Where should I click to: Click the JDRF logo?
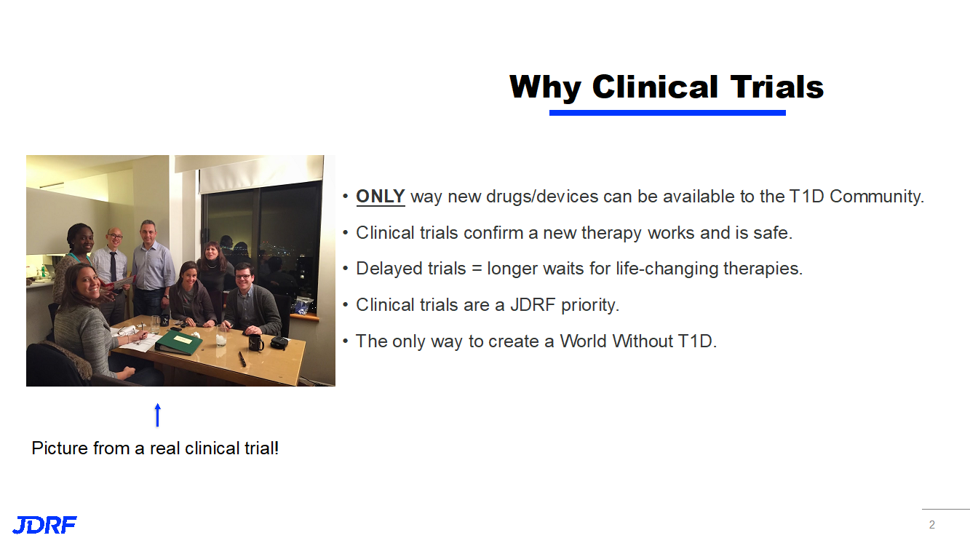click(44, 525)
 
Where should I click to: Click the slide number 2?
click(932, 525)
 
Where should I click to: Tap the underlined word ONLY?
click(380, 197)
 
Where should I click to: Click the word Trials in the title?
click(777, 87)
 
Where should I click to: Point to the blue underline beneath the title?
click(667, 113)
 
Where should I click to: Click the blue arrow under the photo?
click(158, 415)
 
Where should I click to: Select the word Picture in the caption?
click(58, 448)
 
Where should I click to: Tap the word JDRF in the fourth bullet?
click(533, 305)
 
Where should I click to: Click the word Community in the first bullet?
click(877, 197)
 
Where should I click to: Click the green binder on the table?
click(179, 342)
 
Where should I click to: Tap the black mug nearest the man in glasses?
click(256, 342)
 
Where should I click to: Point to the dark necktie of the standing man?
click(113, 266)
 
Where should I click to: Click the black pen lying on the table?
click(242, 359)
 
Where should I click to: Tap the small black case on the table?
click(279, 342)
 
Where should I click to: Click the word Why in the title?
click(545, 88)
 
